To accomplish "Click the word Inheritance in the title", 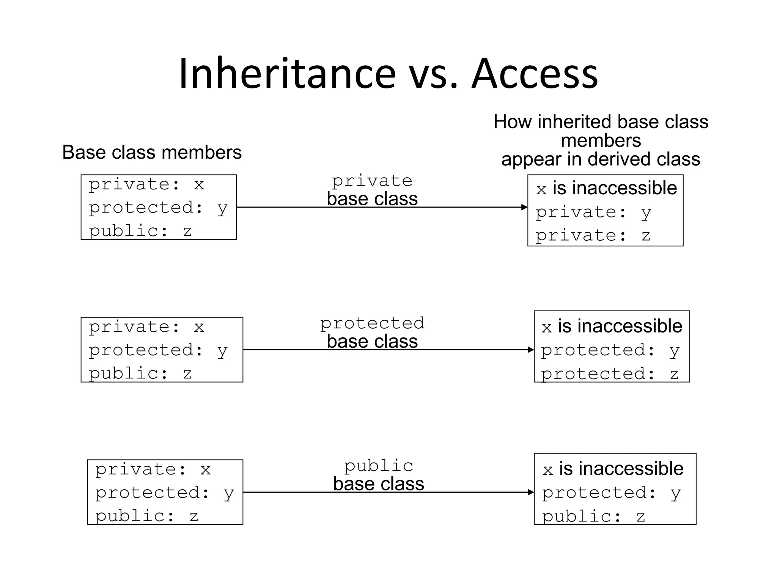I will (x=287, y=74).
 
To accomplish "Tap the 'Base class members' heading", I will (x=152, y=153).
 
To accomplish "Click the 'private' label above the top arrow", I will (x=372, y=181).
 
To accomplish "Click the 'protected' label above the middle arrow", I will (x=372, y=323).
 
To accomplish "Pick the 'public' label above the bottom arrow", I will (x=379, y=466).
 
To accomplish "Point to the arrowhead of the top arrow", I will (x=524, y=207).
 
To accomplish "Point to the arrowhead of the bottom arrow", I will (x=531, y=492).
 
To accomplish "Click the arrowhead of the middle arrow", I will (x=531, y=350).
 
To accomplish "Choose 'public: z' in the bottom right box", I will (x=593, y=517).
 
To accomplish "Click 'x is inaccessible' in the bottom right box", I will (x=613, y=469).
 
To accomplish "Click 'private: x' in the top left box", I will (x=146, y=185).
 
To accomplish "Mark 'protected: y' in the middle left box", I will (x=158, y=350).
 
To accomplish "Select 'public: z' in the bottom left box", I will (x=146, y=516).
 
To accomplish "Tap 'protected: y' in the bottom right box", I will (x=611, y=493).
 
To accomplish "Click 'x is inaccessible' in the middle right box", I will (x=612, y=326).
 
